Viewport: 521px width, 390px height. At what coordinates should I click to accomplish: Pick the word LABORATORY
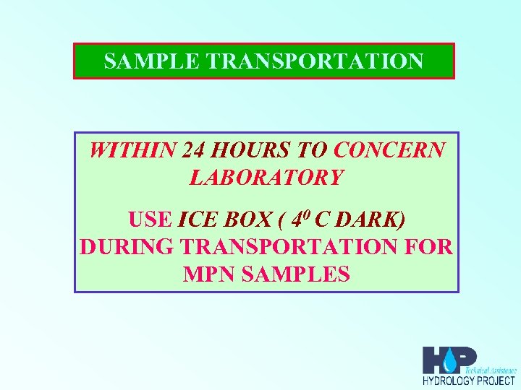click(266, 177)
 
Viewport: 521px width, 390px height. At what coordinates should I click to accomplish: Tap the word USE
click(150, 219)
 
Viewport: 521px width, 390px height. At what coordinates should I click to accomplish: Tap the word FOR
click(429, 247)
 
